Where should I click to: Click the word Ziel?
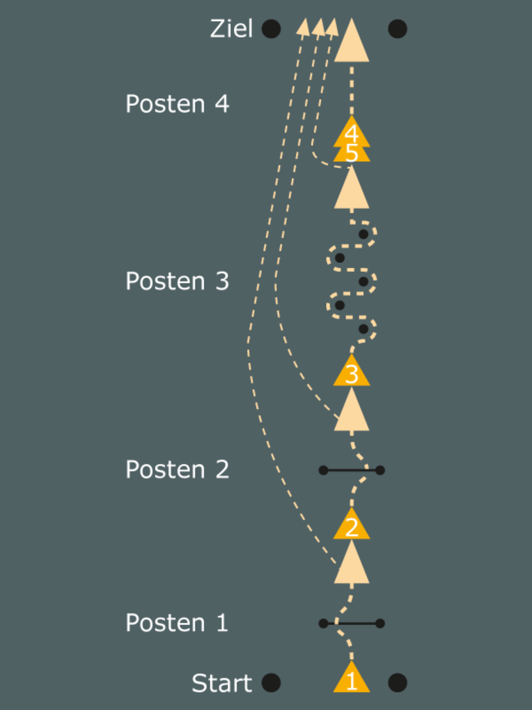coord(231,28)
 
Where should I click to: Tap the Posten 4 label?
coord(177,104)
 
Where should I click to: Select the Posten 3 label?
coord(177,281)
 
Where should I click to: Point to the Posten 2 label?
coord(177,469)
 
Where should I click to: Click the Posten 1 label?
coord(177,623)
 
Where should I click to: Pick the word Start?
coord(222,683)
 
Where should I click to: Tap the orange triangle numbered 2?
coord(351,524)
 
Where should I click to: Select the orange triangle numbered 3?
coord(351,371)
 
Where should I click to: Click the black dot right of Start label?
coord(271,683)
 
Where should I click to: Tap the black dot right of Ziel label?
coord(271,28)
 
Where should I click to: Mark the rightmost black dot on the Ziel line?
coord(398,28)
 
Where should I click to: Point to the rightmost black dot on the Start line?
coord(398,683)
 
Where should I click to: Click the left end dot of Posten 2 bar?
coord(323,470)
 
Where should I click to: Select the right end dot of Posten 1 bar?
coord(380,623)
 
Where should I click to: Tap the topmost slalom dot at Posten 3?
coord(363,234)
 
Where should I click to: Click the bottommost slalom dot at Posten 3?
coord(363,329)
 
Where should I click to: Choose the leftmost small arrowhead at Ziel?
coord(303,28)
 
